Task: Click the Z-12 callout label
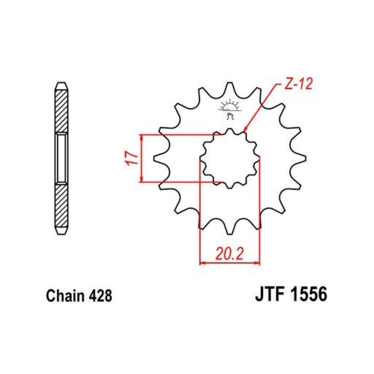298,85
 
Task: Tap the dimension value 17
133,158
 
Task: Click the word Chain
65,295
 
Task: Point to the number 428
99,295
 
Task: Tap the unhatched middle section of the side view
61,158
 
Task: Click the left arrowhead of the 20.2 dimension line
202,262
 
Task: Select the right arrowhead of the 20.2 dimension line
257,262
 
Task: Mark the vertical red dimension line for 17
141,158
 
